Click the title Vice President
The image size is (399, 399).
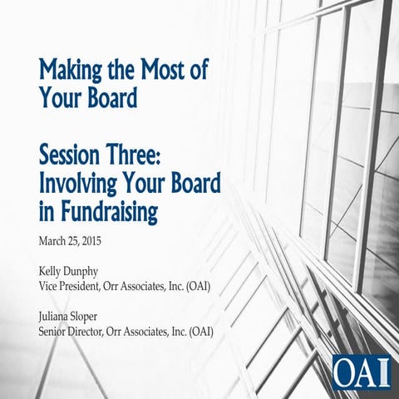pyautogui.click(x=73, y=287)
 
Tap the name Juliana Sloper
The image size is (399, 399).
pyautogui.click(x=75, y=318)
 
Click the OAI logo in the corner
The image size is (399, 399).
pyautogui.click(x=361, y=370)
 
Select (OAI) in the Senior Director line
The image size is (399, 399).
pyautogui.click(x=200, y=332)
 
